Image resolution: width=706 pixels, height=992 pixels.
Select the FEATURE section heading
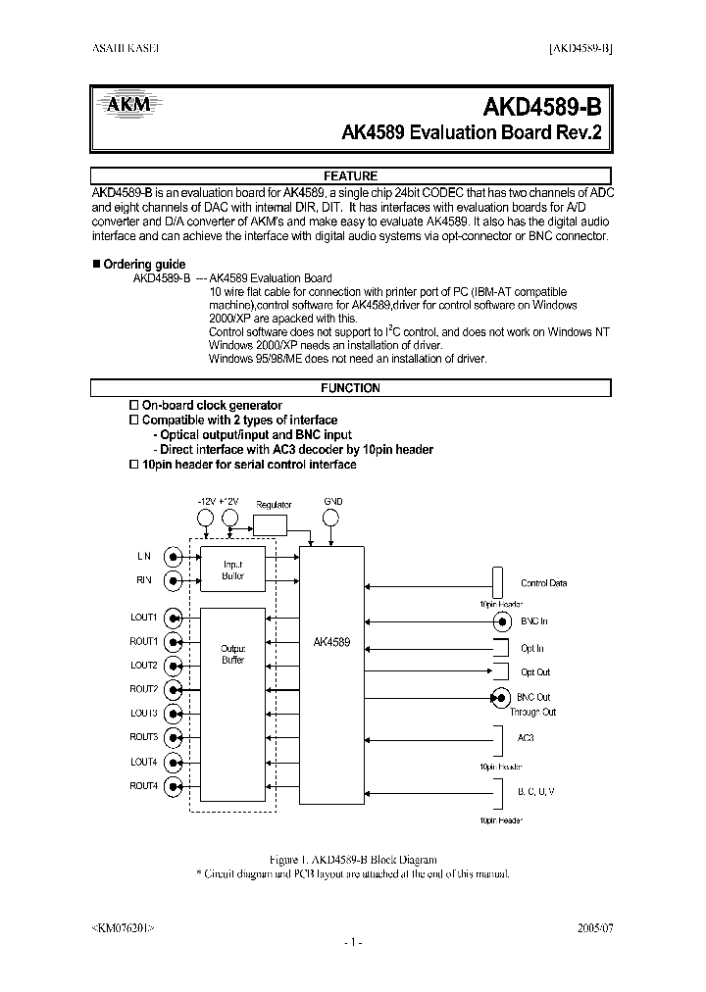click(351, 176)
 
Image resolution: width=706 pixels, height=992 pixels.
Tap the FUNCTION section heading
click(351, 388)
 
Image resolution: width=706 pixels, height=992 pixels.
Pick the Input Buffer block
click(232, 570)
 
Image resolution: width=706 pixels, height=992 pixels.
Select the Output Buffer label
click(232, 655)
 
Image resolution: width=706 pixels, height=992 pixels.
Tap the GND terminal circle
click(332, 518)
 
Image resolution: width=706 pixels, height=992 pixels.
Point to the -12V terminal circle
click(206, 518)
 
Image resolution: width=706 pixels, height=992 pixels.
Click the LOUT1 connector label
click(143, 618)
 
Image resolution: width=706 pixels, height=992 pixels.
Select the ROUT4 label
click(143, 786)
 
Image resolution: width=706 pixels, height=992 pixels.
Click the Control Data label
click(543, 583)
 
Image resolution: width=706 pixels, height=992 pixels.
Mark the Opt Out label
click(535, 672)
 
